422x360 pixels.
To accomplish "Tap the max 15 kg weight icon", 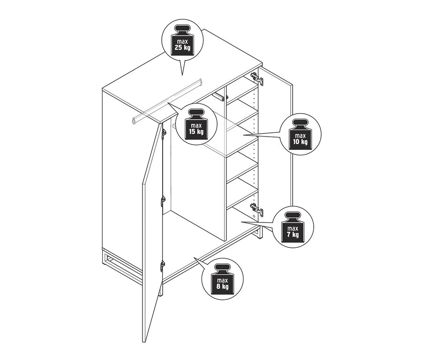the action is (196, 124).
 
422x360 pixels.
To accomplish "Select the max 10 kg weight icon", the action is (300, 134).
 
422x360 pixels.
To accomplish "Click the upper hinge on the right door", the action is (256, 78).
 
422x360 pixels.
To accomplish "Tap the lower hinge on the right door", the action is (256, 209).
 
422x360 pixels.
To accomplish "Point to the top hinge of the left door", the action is (163, 134).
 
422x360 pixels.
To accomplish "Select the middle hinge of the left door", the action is (163, 201).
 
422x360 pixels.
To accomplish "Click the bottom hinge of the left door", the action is (162, 266).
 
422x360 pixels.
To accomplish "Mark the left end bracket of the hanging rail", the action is (134, 121).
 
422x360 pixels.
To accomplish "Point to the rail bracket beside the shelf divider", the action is (219, 97).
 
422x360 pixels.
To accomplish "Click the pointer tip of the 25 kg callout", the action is (182, 75).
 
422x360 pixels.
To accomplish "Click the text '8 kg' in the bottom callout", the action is (223, 286).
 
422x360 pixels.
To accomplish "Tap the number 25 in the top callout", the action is (179, 48).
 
